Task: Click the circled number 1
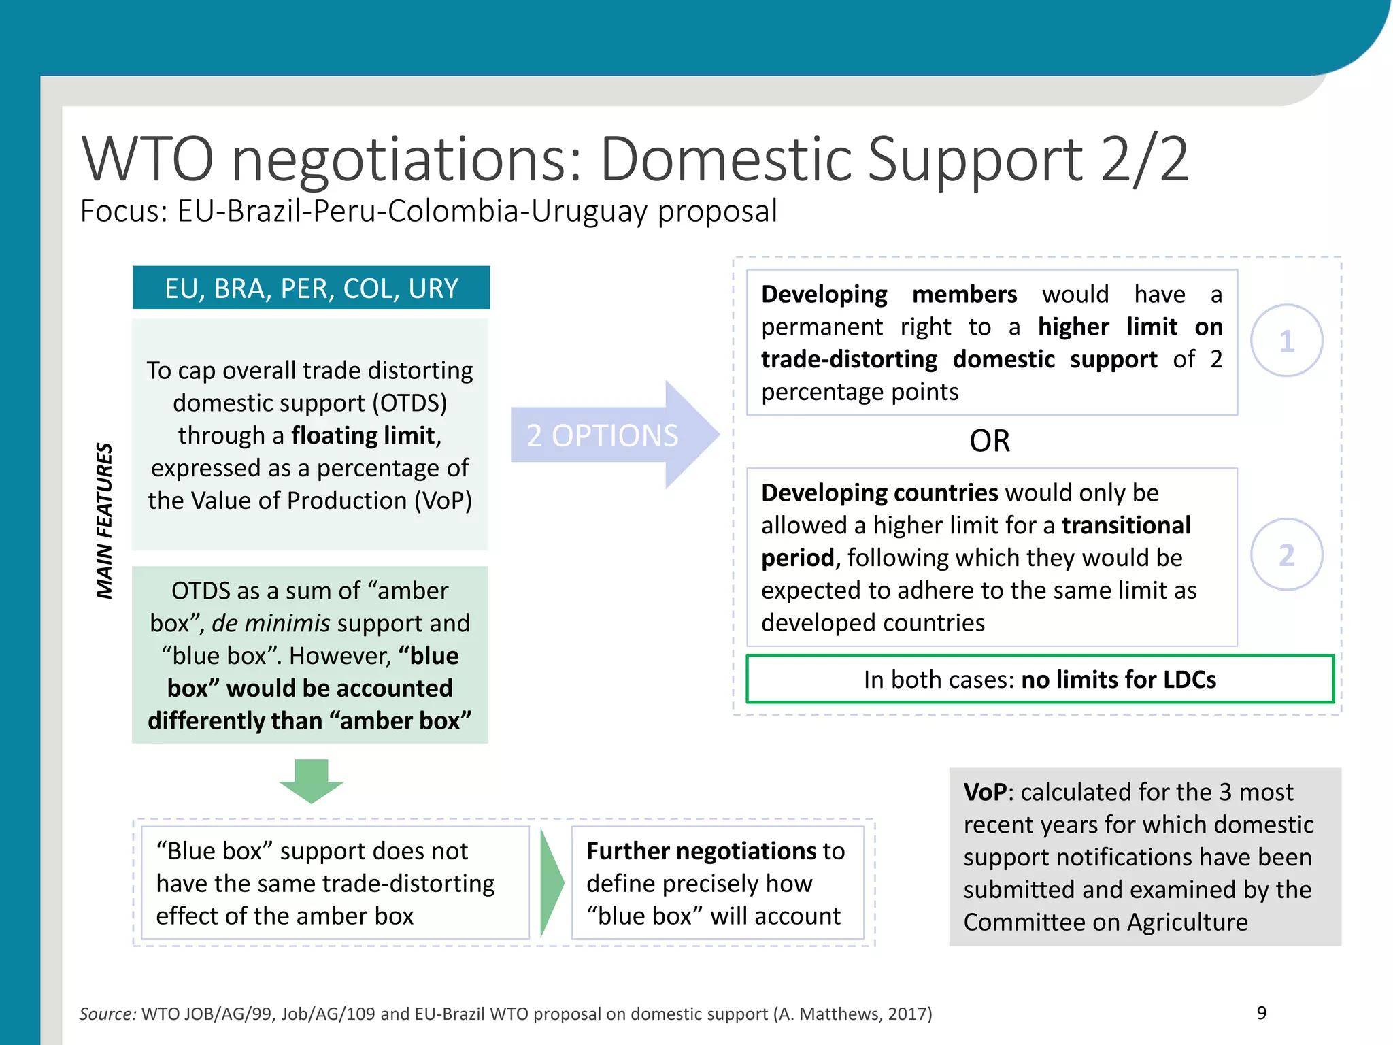[x=1286, y=341]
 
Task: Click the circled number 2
[x=1286, y=554]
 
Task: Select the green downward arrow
[x=312, y=781]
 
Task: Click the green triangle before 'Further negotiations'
[x=552, y=882]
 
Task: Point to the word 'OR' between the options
[x=990, y=441]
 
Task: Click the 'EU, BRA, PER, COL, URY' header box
[x=311, y=288]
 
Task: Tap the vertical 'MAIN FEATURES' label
[x=104, y=520]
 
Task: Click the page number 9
[x=1261, y=1013]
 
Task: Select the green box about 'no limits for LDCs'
[x=1039, y=679]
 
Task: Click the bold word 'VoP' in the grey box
[x=984, y=792]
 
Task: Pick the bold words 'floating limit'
[x=363, y=435]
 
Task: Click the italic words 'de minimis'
[x=271, y=623]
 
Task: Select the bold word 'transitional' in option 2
[x=1126, y=525]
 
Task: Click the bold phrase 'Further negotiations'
[x=701, y=851]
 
